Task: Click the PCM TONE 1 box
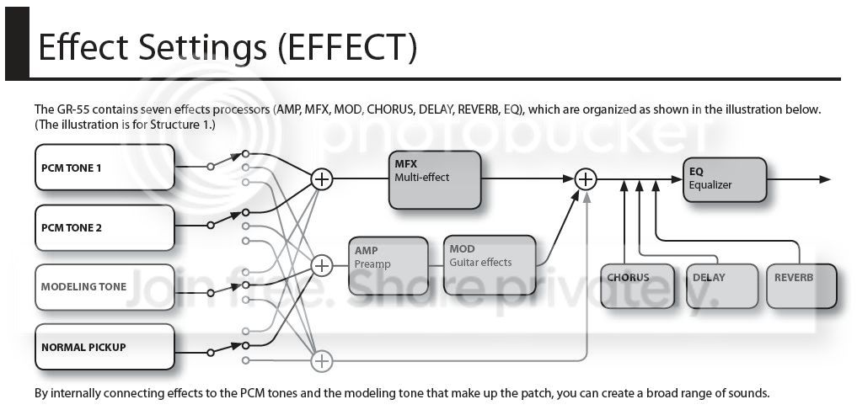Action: click(105, 167)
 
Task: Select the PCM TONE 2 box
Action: click(105, 227)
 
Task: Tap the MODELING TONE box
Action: click(105, 287)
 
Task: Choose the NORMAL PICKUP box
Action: click(105, 347)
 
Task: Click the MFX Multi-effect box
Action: click(435, 180)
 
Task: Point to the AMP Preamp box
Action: click(388, 266)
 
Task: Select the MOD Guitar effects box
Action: click(490, 266)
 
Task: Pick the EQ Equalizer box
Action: click(725, 179)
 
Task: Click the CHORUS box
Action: click(637, 286)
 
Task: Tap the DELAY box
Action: click(722, 286)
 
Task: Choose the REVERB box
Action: click(801, 286)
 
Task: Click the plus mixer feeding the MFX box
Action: click(322, 178)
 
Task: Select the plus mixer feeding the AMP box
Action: click(322, 266)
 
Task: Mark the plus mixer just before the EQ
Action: click(586, 178)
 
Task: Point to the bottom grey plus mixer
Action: click(322, 361)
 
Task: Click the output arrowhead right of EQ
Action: click(825, 179)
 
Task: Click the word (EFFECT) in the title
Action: click(347, 48)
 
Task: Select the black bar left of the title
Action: click(17, 44)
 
